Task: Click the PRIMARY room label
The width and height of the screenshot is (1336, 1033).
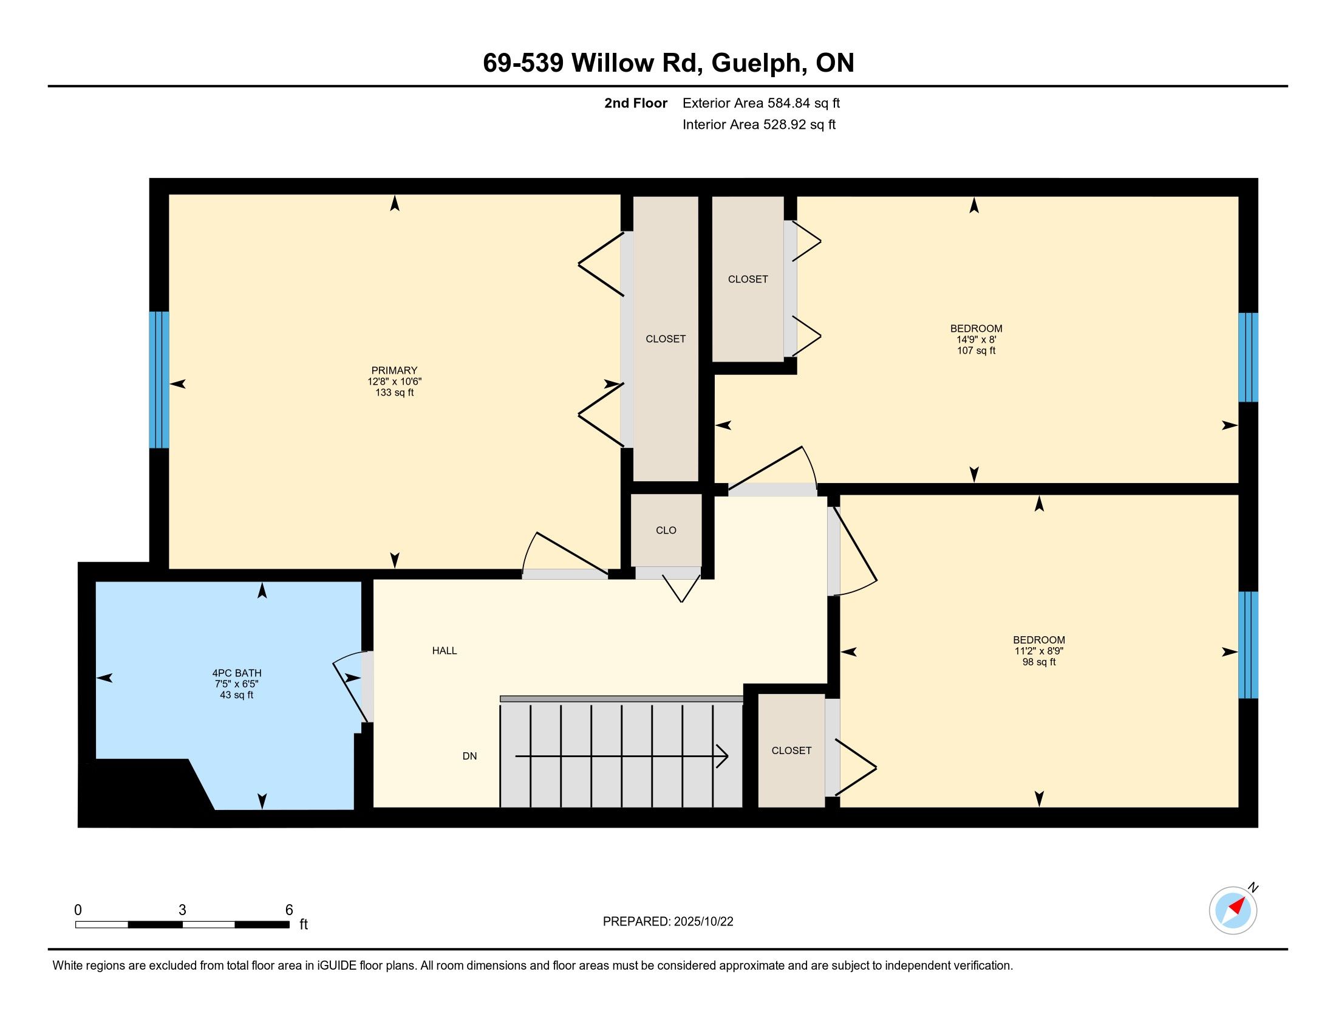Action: tap(394, 370)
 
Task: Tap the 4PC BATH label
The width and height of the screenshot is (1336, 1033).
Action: tap(237, 673)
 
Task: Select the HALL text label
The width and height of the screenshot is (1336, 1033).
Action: tap(445, 651)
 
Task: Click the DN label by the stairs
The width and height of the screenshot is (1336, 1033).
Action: tap(470, 756)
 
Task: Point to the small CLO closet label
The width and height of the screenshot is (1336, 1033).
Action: tap(666, 530)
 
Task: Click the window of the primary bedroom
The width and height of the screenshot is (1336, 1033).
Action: tap(159, 380)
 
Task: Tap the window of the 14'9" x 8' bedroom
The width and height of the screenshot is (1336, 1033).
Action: tap(1248, 357)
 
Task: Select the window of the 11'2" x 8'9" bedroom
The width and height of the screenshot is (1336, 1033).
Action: tap(1248, 644)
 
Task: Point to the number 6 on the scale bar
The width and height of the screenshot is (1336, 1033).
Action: tap(289, 910)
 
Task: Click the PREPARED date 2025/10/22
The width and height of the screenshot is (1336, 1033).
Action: tap(703, 922)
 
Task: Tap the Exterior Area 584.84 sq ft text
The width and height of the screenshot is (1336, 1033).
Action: tap(761, 103)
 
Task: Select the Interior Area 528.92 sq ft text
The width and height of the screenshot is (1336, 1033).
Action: tap(759, 124)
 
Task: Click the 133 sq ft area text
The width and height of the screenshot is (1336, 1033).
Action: tap(395, 393)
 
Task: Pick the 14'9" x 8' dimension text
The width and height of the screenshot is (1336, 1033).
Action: tap(976, 340)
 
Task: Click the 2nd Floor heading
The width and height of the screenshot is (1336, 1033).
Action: tap(636, 103)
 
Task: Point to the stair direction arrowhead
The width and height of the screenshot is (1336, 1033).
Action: tap(723, 757)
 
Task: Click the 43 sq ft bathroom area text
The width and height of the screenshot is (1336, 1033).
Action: tap(237, 695)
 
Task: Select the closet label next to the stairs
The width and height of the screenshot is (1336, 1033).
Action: tap(791, 750)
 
